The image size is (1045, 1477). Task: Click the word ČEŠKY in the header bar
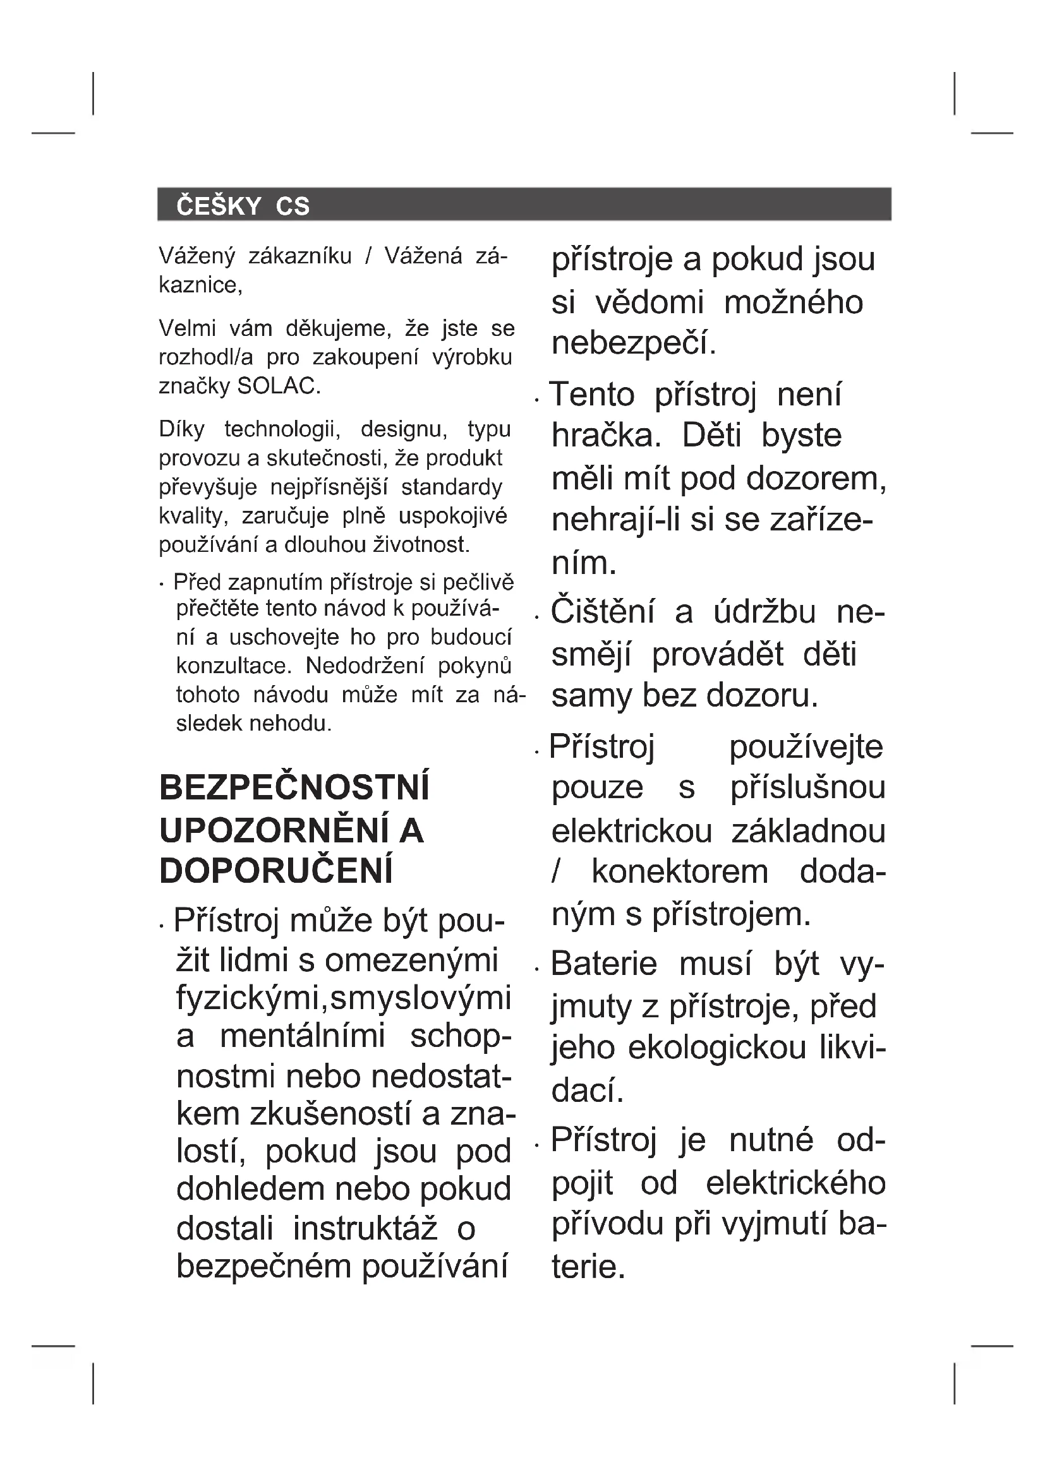(218, 206)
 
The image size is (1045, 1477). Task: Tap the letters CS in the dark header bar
(293, 206)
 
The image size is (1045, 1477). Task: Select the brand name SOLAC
(279, 386)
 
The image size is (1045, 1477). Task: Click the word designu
(404, 428)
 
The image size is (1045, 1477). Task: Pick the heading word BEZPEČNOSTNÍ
(294, 788)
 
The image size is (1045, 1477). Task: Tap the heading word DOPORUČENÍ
(276, 871)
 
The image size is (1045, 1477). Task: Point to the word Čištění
(602, 611)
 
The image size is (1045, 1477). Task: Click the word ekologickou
(717, 1047)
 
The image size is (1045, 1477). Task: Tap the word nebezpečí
(633, 343)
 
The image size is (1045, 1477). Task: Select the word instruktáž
(365, 1229)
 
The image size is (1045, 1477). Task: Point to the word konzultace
(234, 665)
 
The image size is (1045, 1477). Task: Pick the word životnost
(422, 545)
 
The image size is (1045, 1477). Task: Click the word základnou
(808, 831)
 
